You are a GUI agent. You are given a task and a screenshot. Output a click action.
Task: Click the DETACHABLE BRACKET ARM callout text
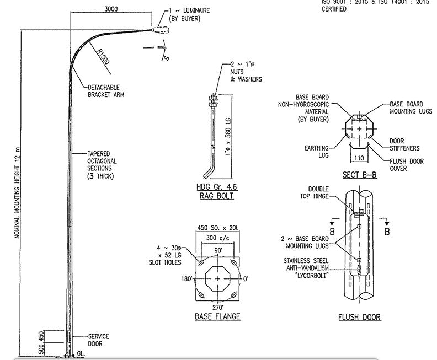(106, 90)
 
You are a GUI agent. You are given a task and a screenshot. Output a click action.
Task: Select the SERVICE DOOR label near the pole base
(98, 339)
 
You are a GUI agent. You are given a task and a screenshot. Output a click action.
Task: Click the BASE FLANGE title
(217, 317)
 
